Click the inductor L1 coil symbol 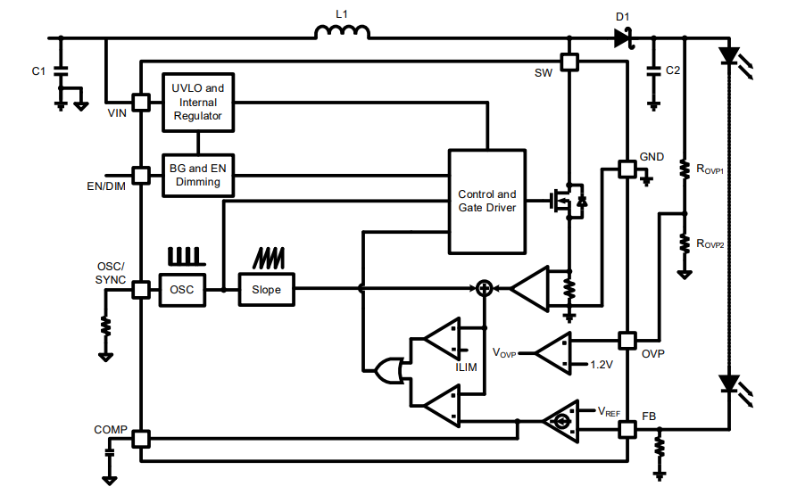point(342,33)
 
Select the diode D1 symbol point(622,37)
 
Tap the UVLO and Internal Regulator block point(197,102)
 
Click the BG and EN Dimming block point(197,175)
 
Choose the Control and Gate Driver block point(486,201)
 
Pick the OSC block point(181,289)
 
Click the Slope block point(266,289)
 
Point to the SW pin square point(569,62)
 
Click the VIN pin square point(141,102)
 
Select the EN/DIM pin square point(141,175)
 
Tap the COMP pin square point(141,439)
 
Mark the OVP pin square point(627,341)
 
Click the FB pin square point(627,430)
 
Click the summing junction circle point(484,288)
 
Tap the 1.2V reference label point(603,365)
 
